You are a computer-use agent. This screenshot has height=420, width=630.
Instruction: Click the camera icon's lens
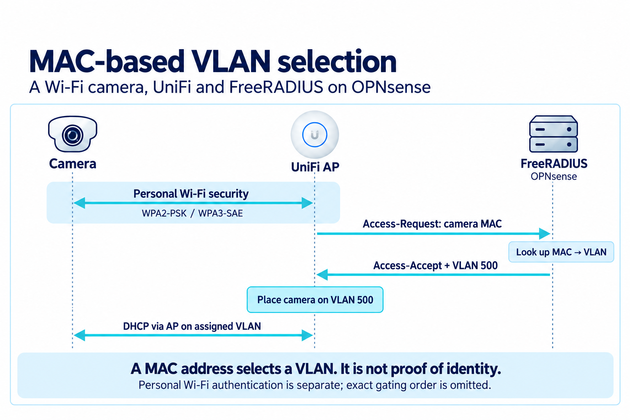[x=73, y=135]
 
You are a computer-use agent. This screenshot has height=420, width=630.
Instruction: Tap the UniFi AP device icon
[x=315, y=135]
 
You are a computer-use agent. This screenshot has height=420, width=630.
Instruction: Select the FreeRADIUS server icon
[x=553, y=134]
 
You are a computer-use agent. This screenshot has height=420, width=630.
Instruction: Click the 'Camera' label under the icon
[x=73, y=164]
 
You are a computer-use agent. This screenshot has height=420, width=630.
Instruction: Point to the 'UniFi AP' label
[x=315, y=167]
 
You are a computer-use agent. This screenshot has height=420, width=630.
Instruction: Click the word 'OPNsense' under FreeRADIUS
[x=553, y=176]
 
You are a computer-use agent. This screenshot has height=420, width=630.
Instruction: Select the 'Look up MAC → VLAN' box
[x=561, y=252]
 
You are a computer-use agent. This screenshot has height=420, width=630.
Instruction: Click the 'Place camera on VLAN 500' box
[x=315, y=299]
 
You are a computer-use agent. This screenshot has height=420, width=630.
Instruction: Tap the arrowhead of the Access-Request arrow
[x=545, y=233]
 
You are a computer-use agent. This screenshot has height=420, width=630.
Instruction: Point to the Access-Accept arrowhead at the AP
[x=322, y=274]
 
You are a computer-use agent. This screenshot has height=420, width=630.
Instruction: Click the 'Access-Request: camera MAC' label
[x=432, y=224]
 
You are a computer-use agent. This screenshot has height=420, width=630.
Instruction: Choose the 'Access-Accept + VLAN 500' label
[x=435, y=265]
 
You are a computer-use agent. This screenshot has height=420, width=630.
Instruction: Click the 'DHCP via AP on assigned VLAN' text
[x=192, y=326]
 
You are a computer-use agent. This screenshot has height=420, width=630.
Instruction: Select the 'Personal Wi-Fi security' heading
[x=191, y=194]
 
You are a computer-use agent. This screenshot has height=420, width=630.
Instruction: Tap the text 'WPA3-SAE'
[x=221, y=214]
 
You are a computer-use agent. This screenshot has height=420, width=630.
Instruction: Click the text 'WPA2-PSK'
[x=164, y=214]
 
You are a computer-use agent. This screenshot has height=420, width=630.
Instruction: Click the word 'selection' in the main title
[x=337, y=62]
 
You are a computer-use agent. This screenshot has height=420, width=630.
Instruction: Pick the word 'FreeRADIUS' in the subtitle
[x=276, y=87]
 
